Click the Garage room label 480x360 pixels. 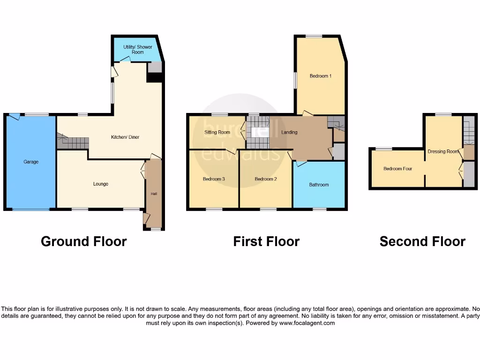click(31, 162)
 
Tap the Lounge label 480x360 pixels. click(101, 184)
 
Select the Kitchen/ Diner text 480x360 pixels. click(125, 137)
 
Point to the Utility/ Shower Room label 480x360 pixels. click(134, 50)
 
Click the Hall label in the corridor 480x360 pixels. click(153, 194)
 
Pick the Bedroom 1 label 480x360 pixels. click(321, 76)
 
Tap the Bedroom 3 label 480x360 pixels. click(214, 179)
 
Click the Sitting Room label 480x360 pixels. click(217, 132)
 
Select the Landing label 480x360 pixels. click(289, 132)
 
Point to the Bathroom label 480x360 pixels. click(319, 185)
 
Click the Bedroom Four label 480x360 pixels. click(398, 169)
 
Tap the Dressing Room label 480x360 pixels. click(443, 151)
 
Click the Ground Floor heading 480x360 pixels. click(83, 241)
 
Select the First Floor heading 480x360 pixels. click(266, 241)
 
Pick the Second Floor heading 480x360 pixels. click(422, 241)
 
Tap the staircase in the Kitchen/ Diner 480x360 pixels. click(73, 142)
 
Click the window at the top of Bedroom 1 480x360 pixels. click(314, 36)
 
